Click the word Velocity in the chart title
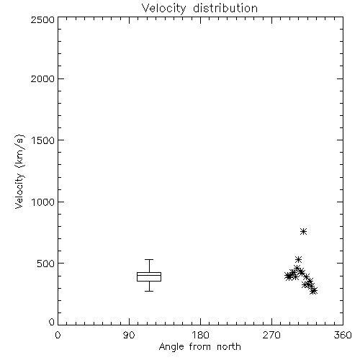[163, 9]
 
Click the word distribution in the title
[225, 8]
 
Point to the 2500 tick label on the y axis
[42, 19]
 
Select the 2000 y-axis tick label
[42, 78]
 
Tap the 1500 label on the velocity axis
[43, 140]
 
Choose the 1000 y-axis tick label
[43, 202]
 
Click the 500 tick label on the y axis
[46, 264]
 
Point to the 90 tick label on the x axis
[129, 335]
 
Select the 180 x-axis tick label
[200, 335]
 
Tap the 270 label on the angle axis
[271, 335]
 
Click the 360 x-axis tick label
[343, 335]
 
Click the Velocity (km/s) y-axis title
[19, 171]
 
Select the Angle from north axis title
[200, 347]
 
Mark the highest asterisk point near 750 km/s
[304, 231]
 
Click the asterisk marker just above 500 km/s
[298, 259]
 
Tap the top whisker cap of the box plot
[149, 259]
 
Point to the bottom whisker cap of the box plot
[149, 291]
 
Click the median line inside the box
[149, 275]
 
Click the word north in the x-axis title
[229, 347]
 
